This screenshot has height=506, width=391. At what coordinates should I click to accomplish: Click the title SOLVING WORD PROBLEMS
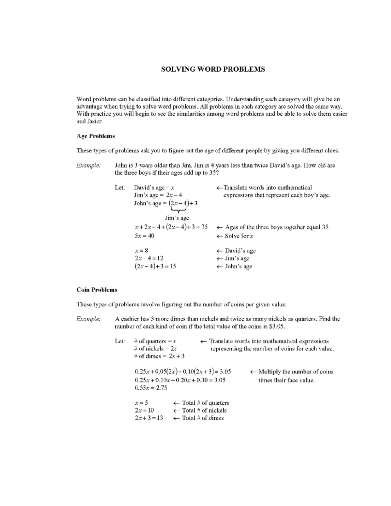(213, 69)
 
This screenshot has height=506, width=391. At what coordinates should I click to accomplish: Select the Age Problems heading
(95, 136)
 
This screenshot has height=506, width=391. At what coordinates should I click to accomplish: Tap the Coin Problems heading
(97, 290)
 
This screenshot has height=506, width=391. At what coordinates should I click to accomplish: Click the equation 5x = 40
(144, 236)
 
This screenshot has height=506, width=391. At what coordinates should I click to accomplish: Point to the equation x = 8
(141, 251)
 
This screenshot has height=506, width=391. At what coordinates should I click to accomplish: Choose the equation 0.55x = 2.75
(151, 388)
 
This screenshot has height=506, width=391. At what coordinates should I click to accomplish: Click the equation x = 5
(141, 403)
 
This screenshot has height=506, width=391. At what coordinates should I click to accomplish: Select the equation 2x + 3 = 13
(149, 418)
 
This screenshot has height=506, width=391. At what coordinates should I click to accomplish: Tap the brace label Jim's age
(177, 218)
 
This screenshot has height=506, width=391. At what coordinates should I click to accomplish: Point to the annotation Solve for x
(239, 236)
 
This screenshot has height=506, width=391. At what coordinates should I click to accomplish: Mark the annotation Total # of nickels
(204, 411)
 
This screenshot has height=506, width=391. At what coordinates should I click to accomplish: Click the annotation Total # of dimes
(203, 418)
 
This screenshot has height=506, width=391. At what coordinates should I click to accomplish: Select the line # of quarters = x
(155, 341)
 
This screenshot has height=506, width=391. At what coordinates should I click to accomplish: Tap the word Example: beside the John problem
(89, 165)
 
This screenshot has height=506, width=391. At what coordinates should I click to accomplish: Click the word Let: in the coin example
(120, 341)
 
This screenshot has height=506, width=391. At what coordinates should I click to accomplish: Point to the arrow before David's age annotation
(220, 251)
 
